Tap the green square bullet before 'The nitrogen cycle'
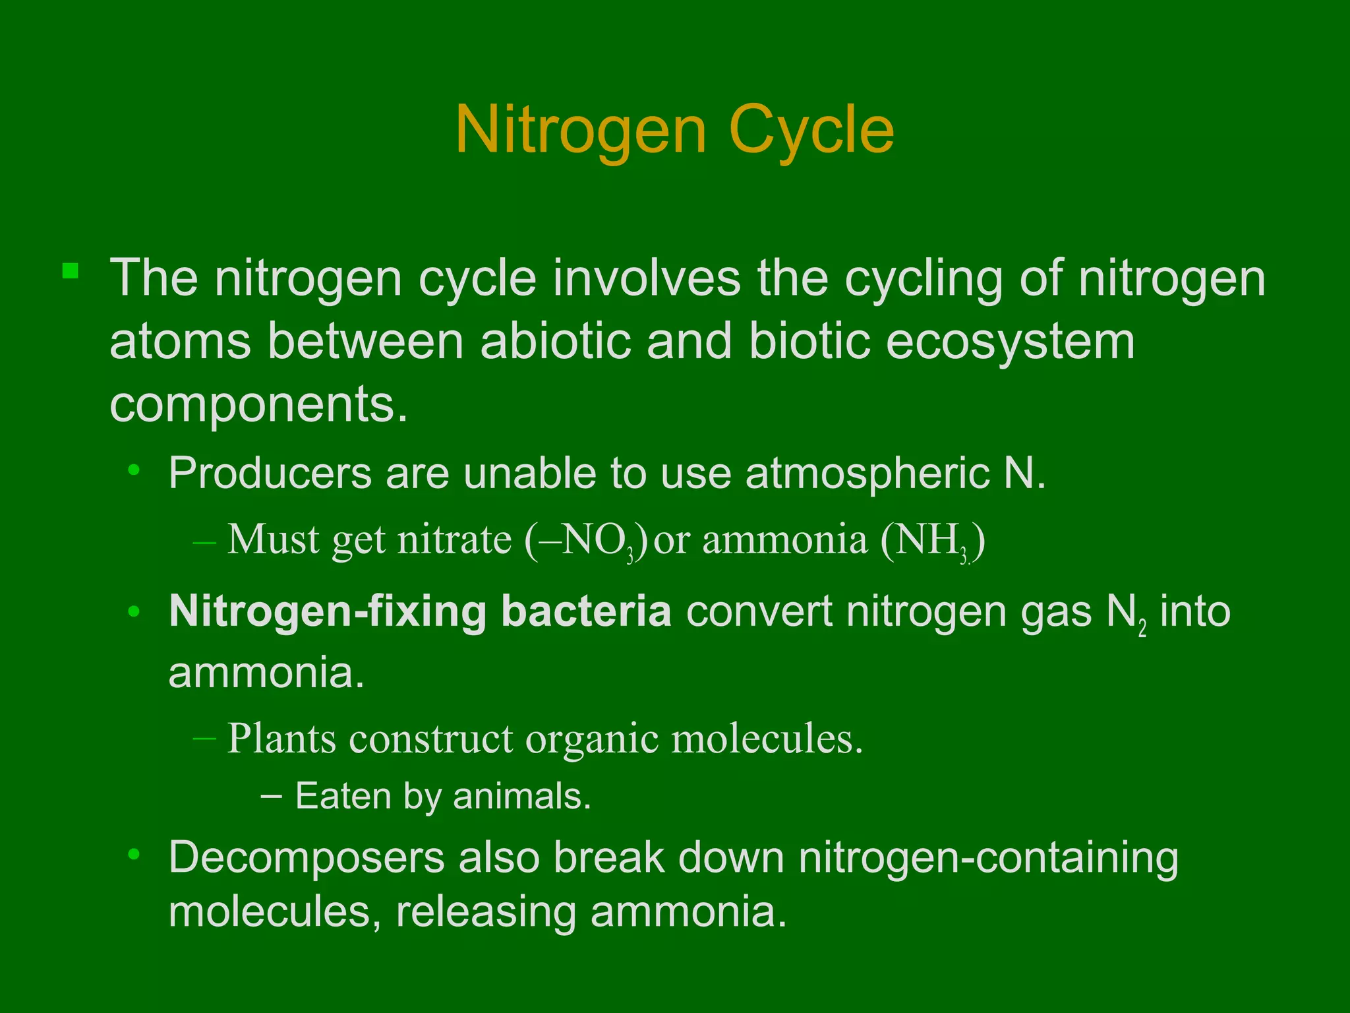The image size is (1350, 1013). pyautogui.click(x=71, y=271)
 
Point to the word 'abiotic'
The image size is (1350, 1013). pyautogui.click(x=555, y=342)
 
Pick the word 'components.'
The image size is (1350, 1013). pyautogui.click(x=258, y=404)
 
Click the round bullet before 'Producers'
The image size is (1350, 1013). pyautogui.click(x=134, y=470)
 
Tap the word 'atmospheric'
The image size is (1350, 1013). pyautogui.click(x=867, y=474)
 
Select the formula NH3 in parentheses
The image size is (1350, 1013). pyautogui.click(x=931, y=541)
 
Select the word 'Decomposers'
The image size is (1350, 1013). pyautogui.click(x=307, y=858)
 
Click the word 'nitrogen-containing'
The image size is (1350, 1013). pyautogui.click(x=988, y=858)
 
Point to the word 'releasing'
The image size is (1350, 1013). pyautogui.click(x=485, y=912)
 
